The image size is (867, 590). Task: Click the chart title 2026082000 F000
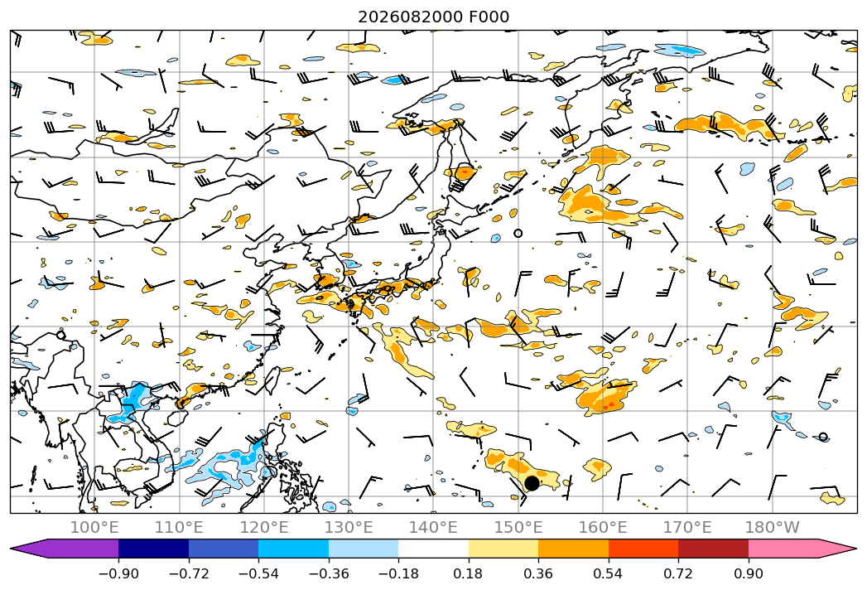[x=434, y=17]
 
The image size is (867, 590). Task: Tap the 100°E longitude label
[x=94, y=527]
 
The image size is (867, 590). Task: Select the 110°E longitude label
[x=179, y=527]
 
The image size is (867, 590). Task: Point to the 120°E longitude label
[x=264, y=527]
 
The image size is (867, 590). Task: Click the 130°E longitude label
[x=349, y=527]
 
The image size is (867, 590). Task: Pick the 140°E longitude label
[x=433, y=527]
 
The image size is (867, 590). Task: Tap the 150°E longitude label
[x=518, y=527]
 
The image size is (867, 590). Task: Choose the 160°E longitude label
[x=603, y=527]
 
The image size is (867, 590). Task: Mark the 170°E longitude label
[x=687, y=527]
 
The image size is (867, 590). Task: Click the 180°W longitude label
[x=772, y=527]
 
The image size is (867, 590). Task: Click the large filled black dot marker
[x=532, y=483]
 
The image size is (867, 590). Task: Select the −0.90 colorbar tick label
[x=118, y=573]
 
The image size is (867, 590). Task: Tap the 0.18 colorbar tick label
[x=469, y=573]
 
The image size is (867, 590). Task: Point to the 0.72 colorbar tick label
[x=678, y=573]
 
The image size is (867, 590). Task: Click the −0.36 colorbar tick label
[x=329, y=573]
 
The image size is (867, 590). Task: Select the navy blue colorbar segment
[x=153, y=549]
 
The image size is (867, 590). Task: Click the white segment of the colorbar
[x=434, y=549]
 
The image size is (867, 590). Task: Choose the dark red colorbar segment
[x=713, y=549]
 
